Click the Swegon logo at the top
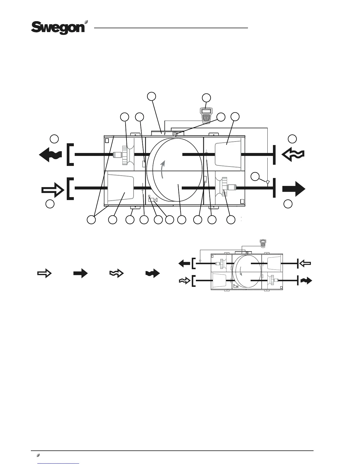58,27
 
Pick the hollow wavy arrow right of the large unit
293,154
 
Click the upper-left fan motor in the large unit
119,154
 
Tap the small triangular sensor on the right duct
267,183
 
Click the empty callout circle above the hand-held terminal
206,98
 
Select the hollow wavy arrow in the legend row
116,274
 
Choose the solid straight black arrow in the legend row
80,274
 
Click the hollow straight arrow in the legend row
44,274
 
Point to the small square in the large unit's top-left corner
107,140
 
